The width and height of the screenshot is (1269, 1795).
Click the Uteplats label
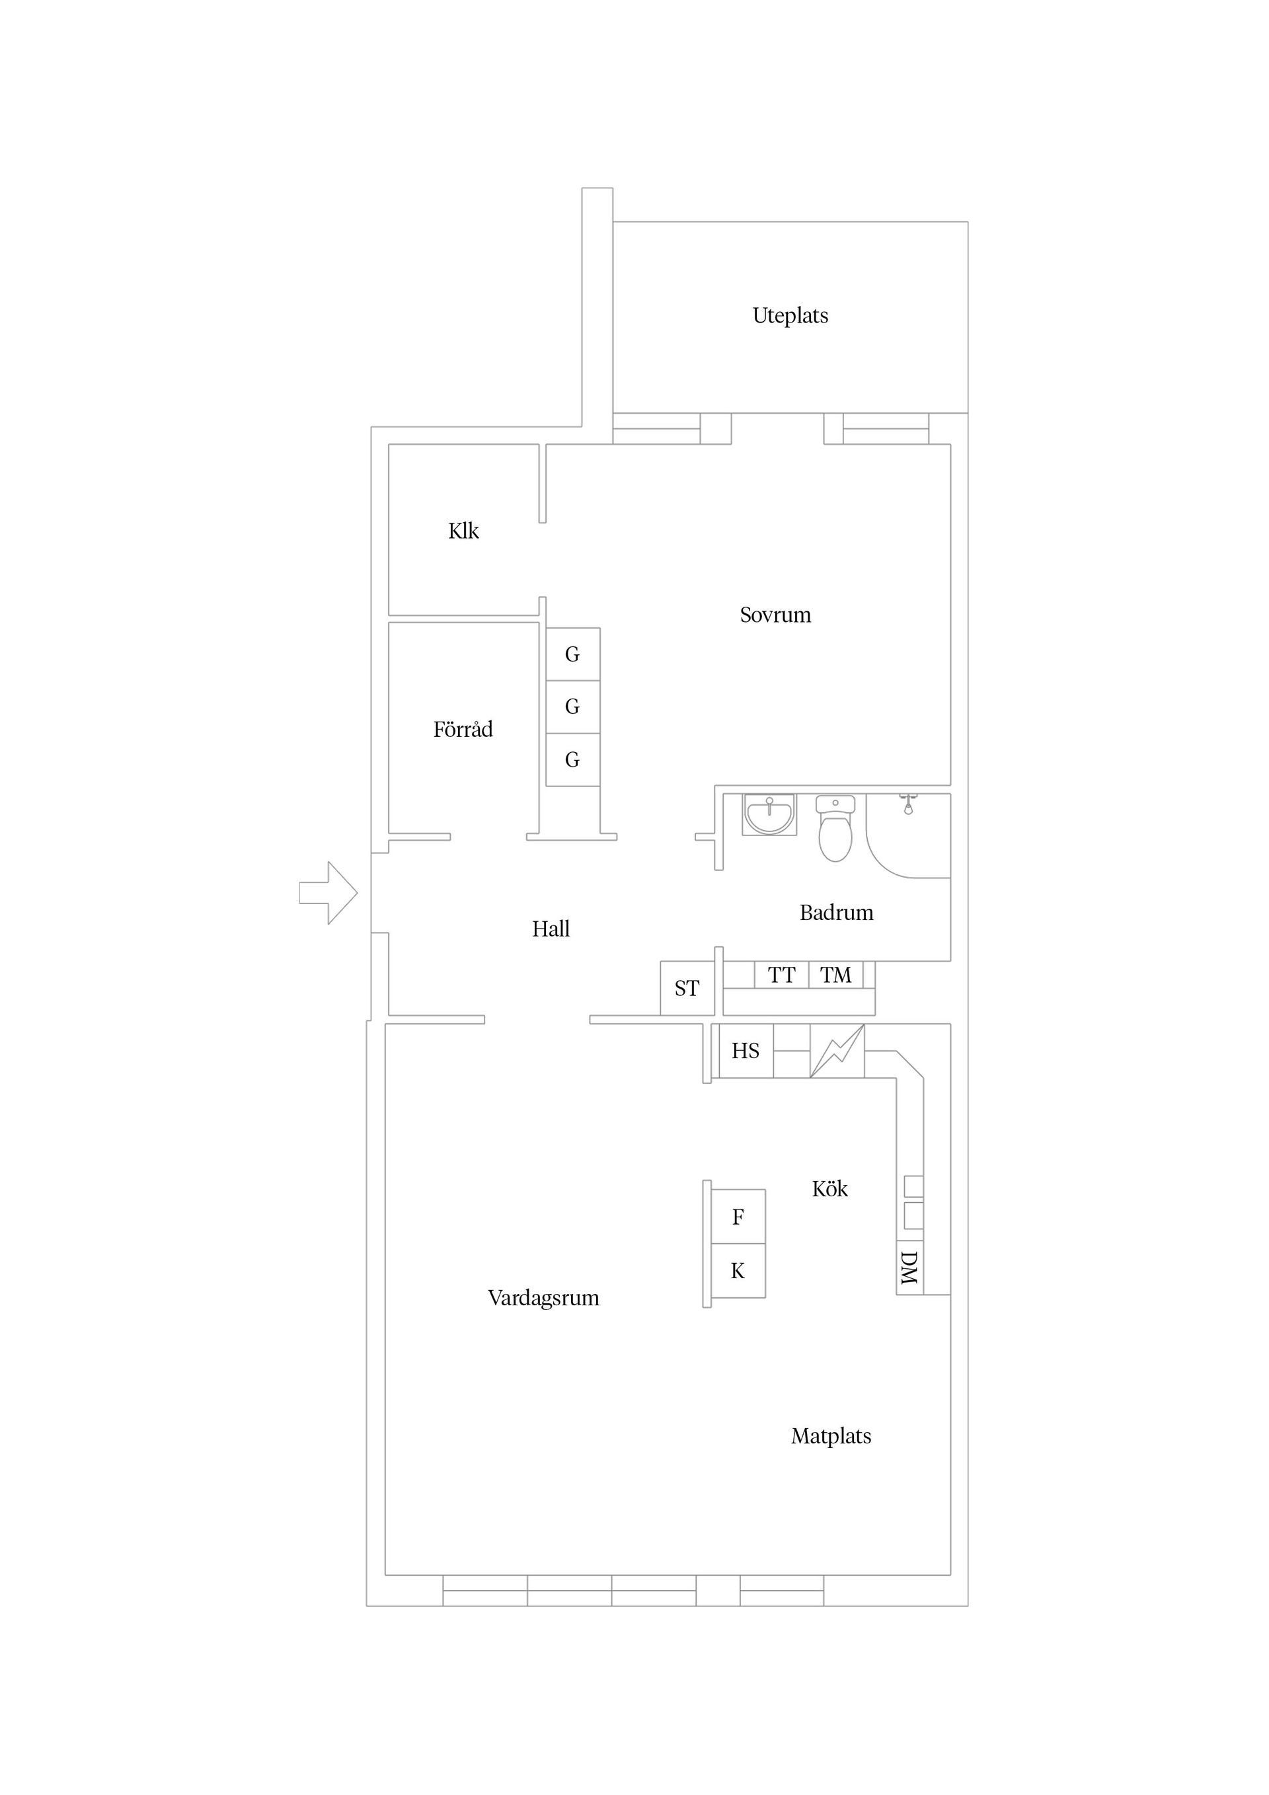tap(790, 315)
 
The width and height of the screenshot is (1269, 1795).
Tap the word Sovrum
tap(775, 615)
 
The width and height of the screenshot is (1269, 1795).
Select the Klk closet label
tap(463, 531)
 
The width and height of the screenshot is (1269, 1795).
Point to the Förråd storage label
tap(463, 730)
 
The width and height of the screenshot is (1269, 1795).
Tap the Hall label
tap(551, 929)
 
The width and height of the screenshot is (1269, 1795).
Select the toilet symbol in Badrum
tap(835, 830)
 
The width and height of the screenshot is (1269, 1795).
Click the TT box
tap(781, 975)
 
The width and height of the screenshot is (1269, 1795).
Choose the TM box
tap(835, 975)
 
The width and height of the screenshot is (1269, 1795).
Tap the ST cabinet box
tap(687, 988)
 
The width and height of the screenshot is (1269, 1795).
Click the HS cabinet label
tap(745, 1051)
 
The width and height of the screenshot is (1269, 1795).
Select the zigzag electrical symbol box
tap(837, 1051)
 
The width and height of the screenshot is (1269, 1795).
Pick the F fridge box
tap(738, 1217)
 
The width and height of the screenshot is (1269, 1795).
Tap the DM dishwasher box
tap(909, 1268)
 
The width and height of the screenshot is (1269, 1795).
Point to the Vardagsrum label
tap(543, 1298)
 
